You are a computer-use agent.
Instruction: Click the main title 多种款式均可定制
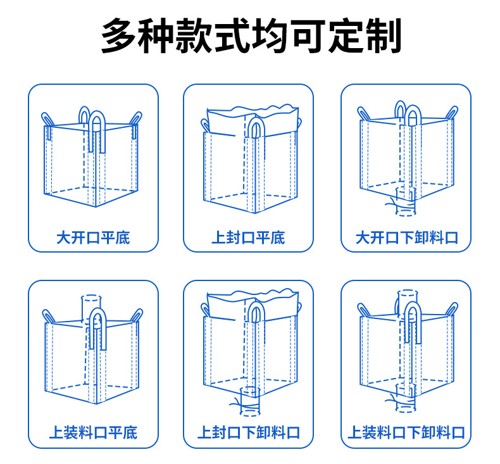(x=251, y=36)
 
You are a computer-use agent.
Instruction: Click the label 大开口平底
(x=92, y=238)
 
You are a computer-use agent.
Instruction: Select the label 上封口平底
(x=248, y=238)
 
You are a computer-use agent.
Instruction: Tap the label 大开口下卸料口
(x=406, y=238)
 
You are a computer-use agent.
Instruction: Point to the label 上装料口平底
(x=92, y=433)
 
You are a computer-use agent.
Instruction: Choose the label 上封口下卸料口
(x=248, y=433)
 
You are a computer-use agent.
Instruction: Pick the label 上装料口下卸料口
(x=406, y=433)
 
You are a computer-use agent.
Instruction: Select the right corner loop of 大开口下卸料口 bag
(x=451, y=113)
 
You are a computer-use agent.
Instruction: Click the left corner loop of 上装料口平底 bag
(x=48, y=315)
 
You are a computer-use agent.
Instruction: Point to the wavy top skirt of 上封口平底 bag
(x=252, y=114)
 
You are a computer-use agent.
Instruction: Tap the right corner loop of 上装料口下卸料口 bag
(x=451, y=309)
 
